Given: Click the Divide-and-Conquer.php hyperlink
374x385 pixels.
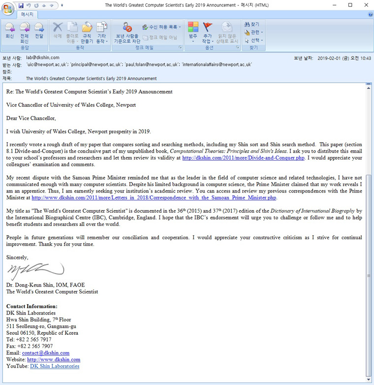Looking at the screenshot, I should click(243, 158).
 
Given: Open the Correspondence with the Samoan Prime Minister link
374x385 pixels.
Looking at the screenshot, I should click(154, 197).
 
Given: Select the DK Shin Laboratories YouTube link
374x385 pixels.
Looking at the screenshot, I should click(55, 366).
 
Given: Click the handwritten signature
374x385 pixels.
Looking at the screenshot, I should click(35, 271).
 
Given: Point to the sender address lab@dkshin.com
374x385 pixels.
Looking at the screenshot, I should click(43, 58).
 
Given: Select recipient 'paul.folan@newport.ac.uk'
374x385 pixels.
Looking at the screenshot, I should click(151, 64).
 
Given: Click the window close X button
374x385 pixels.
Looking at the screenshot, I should click(364, 5).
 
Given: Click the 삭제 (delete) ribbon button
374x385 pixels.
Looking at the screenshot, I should click(58, 31).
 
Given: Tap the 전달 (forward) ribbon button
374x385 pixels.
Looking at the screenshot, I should click(39, 31).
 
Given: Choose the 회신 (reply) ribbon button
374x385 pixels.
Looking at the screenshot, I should click(9, 31).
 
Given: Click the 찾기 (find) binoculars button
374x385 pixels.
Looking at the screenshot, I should click(251, 24).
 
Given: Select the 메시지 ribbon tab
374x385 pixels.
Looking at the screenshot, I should click(27, 14).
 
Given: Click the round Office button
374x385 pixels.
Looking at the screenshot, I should click(8, 9).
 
